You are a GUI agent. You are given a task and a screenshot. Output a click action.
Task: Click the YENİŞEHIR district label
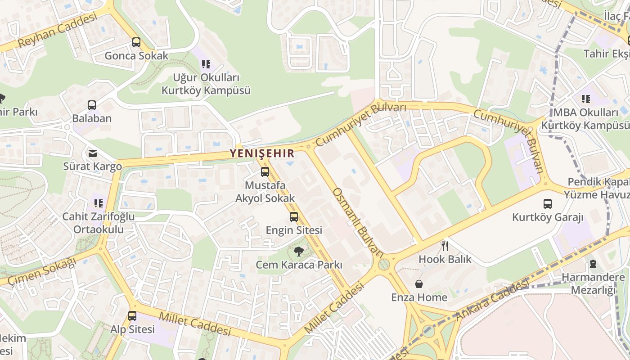coord(262,153)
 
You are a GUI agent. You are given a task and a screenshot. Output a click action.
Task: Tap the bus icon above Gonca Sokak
coord(136,42)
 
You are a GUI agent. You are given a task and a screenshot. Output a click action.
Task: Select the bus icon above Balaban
coord(92,105)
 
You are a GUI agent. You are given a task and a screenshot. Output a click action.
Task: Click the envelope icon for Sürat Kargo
coord(93,153)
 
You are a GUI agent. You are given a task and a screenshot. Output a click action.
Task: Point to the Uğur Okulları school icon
coord(206,64)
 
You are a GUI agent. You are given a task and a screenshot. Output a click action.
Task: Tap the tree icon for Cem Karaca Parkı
coord(298,252)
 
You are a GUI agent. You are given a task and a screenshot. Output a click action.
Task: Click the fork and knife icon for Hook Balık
coord(445,246)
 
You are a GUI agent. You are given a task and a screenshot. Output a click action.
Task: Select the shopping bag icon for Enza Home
coord(419,284)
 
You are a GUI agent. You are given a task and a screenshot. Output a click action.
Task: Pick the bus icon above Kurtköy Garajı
coord(548,204)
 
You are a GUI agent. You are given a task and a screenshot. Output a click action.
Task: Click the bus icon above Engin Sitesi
coord(294,217)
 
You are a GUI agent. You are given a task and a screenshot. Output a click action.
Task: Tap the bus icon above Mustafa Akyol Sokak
coord(265,172)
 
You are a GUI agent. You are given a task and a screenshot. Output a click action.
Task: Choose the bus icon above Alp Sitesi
coord(132,316)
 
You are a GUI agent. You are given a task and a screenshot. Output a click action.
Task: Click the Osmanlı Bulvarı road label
coord(358,222)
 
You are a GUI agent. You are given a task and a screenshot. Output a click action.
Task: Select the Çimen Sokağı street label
coord(42,271)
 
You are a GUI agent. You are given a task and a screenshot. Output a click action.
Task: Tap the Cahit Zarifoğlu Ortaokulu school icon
coord(99,203)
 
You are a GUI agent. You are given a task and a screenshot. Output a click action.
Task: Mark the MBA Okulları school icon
coord(585,99)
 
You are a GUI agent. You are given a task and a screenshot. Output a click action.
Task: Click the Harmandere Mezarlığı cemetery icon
coord(593,264)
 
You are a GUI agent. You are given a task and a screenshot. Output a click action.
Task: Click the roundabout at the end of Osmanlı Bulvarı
coord(383,264)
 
